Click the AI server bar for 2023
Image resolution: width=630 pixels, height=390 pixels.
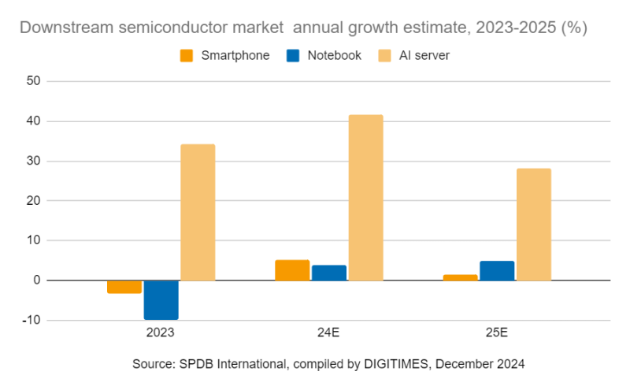198,212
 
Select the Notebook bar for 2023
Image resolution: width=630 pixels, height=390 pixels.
161,299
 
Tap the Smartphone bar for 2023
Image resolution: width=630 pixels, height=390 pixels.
124,287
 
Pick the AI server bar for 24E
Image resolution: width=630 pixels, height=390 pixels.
365,197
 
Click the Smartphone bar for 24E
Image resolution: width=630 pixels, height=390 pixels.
292,269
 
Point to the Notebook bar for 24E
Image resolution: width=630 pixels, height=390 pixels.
328,273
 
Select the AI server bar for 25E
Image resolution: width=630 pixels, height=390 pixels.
533,224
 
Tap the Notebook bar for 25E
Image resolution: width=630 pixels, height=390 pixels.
497,270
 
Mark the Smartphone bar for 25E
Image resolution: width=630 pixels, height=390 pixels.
460,277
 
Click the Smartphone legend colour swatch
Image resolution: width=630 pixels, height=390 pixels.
187,55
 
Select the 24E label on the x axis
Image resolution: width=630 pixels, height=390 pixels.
328,334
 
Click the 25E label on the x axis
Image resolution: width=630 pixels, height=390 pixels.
497,334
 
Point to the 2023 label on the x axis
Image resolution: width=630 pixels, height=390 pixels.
161,334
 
